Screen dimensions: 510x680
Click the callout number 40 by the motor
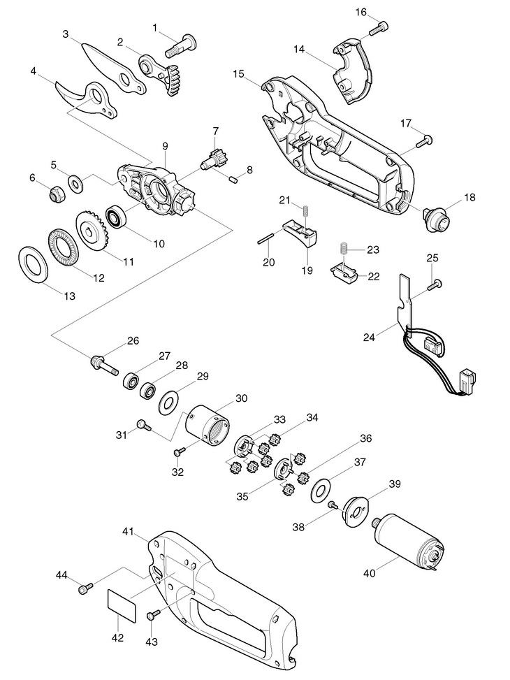369,573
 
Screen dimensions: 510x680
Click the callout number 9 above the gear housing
165,146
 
